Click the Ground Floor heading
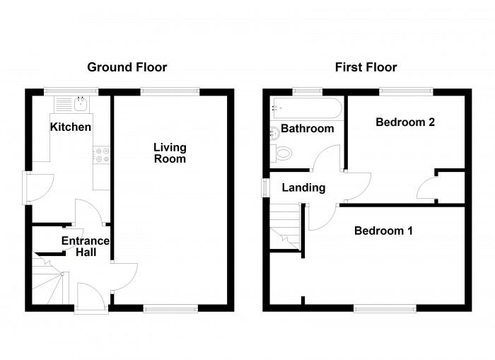pyautogui.click(x=127, y=67)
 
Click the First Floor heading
pyautogui.click(x=366, y=67)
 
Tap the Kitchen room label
pyautogui.click(x=70, y=127)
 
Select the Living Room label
pyautogui.click(x=170, y=153)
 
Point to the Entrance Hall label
pyautogui.click(x=85, y=246)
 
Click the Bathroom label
pyautogui.click(x=307, y=129)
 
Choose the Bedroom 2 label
pyautogui.click(x=404, y=122)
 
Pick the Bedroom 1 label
pyautogui.click(x=383, y=231)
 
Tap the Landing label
pyautogui.click(x=303, y=187)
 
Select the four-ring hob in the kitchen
pyautogui.click(x=101, y=154)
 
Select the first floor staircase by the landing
pyautogui.click(x=286, y=226)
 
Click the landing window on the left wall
pyautogui.click(x=265, y=187)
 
